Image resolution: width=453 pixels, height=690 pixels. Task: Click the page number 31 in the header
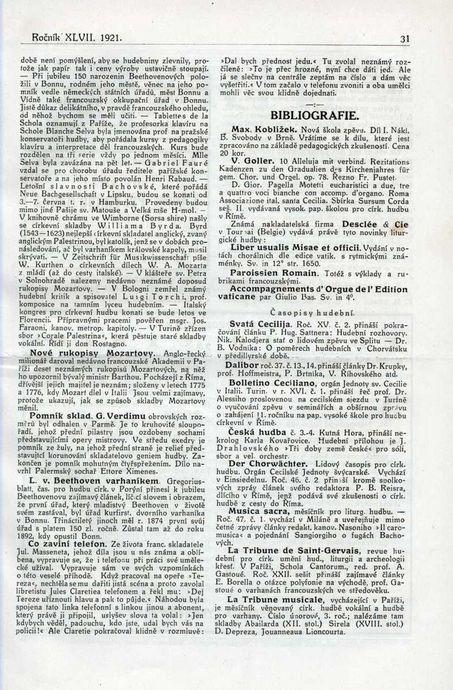(x=404, y=39)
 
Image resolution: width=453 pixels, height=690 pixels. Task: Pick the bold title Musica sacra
(x=254, y=511)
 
